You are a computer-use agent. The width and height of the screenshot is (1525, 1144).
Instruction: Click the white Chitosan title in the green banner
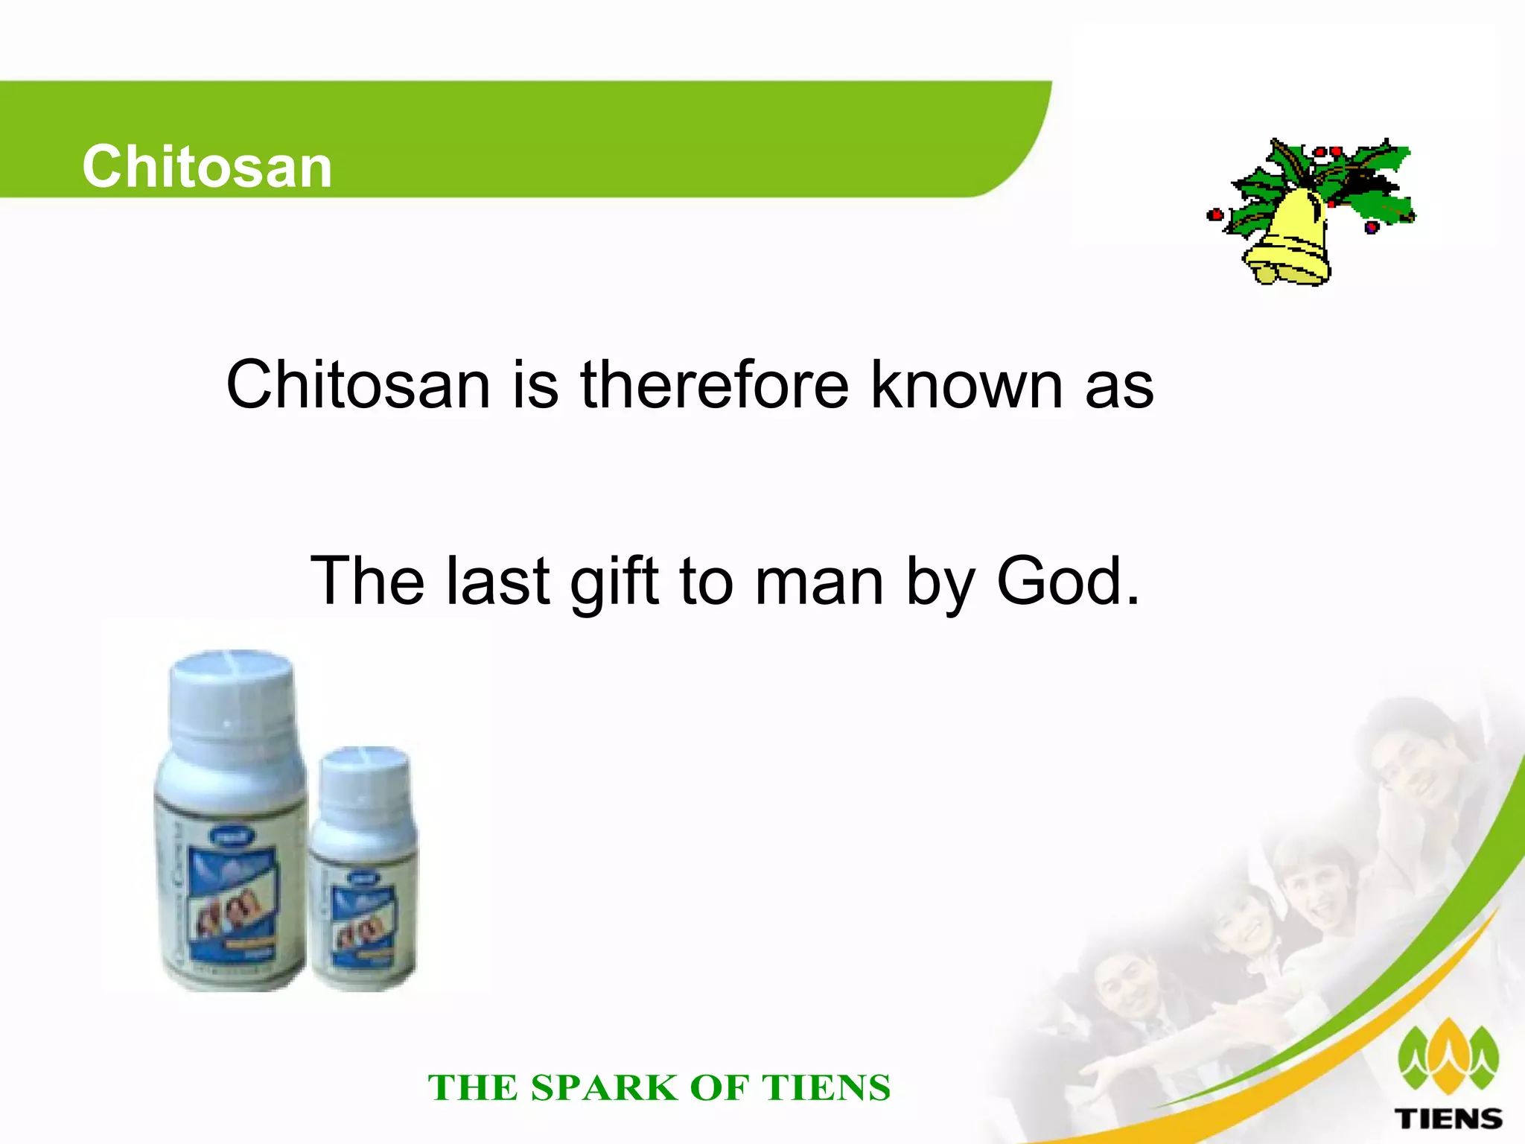207,166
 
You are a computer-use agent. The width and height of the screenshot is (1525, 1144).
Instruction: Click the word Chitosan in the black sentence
358,385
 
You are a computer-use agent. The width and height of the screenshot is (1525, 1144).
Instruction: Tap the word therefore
714,385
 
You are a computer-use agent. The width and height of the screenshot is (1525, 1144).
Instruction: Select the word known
967,385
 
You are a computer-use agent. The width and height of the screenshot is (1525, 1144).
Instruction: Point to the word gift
614,582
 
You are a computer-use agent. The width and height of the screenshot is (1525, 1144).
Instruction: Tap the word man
820,582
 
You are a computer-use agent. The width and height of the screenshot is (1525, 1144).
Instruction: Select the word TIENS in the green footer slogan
826,1087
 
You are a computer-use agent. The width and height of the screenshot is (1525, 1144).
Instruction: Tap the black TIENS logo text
1448,1118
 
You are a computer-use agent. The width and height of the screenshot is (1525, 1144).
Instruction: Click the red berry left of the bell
1214,215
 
